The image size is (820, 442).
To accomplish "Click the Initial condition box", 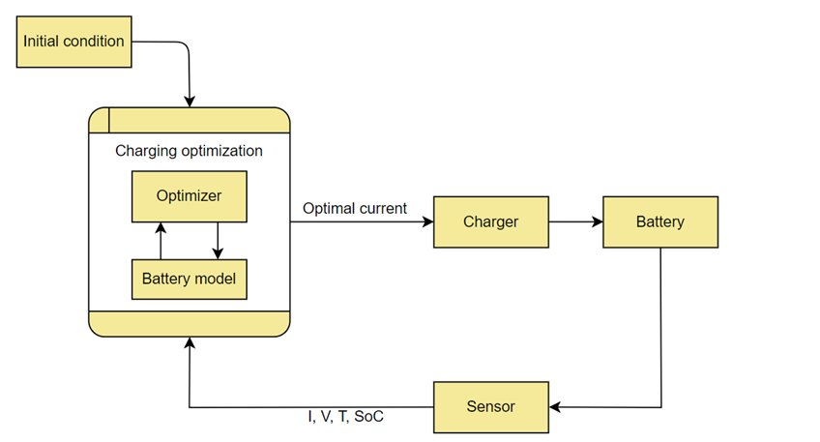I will pyautogui.click(x=74, y=42).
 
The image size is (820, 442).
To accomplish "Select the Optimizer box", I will pyautogui.click(x=189, y=196).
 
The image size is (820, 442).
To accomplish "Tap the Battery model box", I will pyautogui.click(x=189, y=280).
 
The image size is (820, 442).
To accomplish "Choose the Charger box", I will pyautogui.click(x=490, y=221).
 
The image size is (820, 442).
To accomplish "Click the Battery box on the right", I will pyautogui.click(x=659, y=221).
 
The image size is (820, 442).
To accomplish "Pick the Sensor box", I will pyautogui.click(x=490, y=407).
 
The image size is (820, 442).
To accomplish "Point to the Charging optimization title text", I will pyautogui.click(x=189, y=151).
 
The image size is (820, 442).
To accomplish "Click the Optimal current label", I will pyautogui.click(x=355, y=208).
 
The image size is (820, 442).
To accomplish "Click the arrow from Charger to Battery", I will pyautogui.click(x=575, y=221).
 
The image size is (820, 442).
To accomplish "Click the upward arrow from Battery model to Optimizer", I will pyautogui.click(x=161, y=241).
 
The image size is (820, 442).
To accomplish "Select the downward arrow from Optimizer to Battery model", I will pyautogui.click(x=218, y=241).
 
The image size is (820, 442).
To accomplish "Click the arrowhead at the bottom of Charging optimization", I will pyautogui.click(x=190, y=343).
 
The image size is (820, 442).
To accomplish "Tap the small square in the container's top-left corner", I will pyautogui.click(x=99, y=120).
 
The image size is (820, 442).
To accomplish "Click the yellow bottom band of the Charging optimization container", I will pyautogui.click(x=189, y=323).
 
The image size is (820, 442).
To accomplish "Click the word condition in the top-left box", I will pyautogui.click(x=95, y=42).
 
